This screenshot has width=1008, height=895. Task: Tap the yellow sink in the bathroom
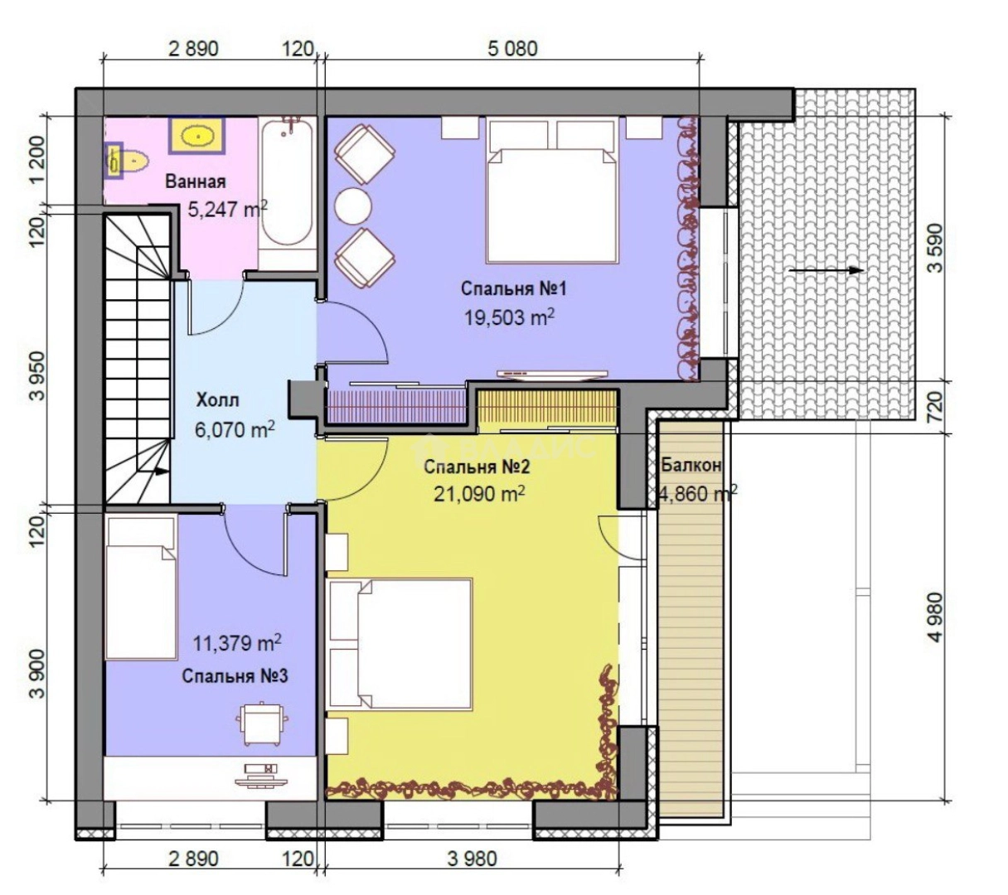(x=197, y=135)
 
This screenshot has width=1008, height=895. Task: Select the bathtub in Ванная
(x=287, y=193)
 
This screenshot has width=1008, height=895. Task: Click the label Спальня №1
(x=513, y=288)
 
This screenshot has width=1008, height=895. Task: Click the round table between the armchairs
(x=353, y=206)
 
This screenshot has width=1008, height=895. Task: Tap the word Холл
(x=217, y=400)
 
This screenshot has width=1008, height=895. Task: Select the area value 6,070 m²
(x=235, y=429)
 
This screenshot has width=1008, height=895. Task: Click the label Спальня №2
(x=477, y=467)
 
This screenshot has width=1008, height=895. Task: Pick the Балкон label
(x=691, y=465)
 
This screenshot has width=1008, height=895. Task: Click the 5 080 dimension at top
(x=512, y=49)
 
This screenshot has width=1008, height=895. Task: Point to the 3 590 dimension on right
(x=935, y=248)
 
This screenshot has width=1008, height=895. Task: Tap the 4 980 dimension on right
(x=935, y=617)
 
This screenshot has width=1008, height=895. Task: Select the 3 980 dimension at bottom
(x=472, y=859)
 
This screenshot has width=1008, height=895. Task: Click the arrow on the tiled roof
(x=826, y=270)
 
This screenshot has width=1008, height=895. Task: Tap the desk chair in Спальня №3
(x=262, y=723)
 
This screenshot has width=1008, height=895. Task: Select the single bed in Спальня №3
(x=141, y=588)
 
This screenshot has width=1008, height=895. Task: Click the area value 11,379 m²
(x=237, y=643)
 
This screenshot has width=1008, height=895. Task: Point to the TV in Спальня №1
(x=552, y=374)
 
